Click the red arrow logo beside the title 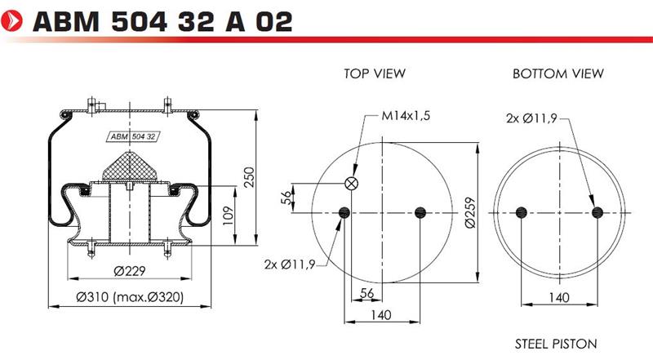(12, 21)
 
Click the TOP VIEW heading (375, 73)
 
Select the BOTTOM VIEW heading (557, 73)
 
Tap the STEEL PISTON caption (556, 344)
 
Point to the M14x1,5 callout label (406, 115)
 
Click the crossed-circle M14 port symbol (352, 183)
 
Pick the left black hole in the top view (344, 212)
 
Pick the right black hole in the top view (420, 212)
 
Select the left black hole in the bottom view (522, 212)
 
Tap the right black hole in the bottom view (597, 212)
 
